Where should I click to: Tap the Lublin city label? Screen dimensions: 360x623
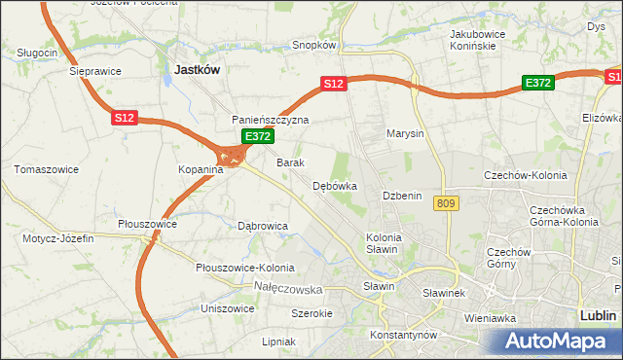pos(597,316)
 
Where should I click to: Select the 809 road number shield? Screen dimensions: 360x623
pos(446,202)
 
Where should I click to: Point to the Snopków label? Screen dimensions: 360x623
pos(314,45)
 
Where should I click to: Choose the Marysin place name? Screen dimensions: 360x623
pos(405,133)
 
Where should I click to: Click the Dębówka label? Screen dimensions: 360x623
pos(335,185)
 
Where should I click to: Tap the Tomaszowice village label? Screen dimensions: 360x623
pos(46,169)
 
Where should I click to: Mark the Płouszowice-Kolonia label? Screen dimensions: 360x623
pos(243,268)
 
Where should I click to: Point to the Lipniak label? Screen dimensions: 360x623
pos(278,342)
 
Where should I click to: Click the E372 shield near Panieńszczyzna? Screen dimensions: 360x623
pos(256,137)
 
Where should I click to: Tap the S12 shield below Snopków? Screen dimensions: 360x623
pos(334,85)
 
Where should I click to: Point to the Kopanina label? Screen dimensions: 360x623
pos(201,169)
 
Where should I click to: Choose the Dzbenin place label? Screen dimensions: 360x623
pos(402,196)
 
